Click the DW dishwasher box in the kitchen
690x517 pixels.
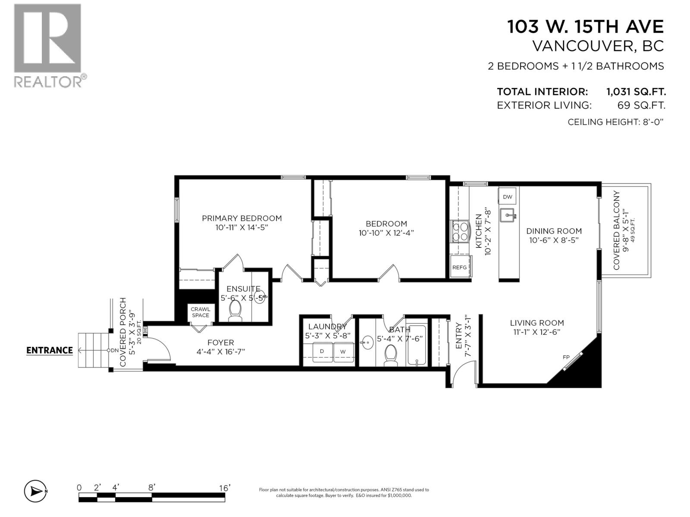pos(508,197)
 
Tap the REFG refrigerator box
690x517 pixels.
pos(460,267)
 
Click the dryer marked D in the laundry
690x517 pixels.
pos(321,352)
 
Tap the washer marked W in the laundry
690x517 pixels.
pos(343,352)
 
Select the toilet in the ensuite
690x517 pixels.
pos(235,311)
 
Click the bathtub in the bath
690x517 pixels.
pos(416,346)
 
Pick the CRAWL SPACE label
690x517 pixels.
pos(201,312)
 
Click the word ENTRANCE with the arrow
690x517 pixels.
pos(49,350)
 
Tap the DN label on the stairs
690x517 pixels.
pos(114,350)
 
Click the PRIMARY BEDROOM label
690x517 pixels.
pos(241,218)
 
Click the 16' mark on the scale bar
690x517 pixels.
pos(224,488)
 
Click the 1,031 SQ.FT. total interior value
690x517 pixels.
pos(636,91)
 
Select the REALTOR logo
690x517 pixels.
pos(47,45)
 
